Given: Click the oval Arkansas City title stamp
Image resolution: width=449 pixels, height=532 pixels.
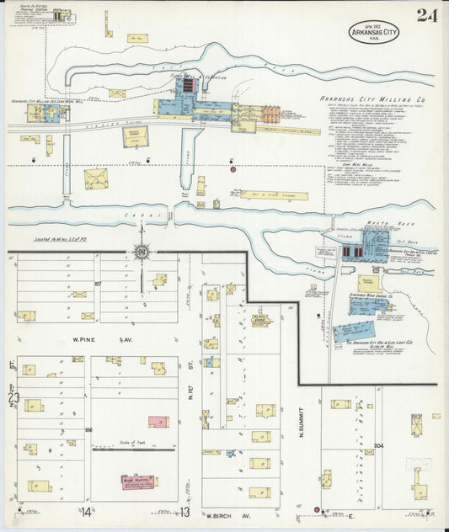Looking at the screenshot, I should click(x=373, y=32).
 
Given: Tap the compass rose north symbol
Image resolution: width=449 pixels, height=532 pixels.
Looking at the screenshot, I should click(x=142, y=251).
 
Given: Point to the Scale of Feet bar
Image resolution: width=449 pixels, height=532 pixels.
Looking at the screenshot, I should click(x=131, y=446).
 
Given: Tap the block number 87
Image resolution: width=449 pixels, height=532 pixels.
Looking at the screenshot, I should click(x=99, y=284).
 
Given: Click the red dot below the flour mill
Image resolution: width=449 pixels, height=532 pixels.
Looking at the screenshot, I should click(x=233, y=169).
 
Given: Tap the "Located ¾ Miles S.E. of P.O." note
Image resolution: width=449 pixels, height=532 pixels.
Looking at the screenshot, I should click(x=61, y=241).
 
